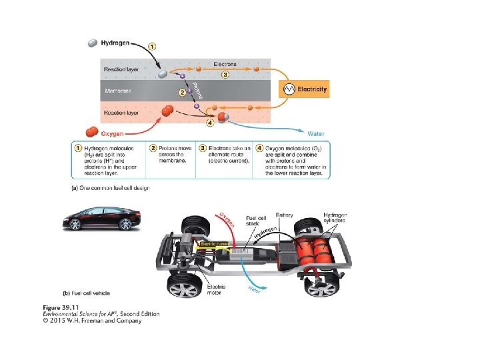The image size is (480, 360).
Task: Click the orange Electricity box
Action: [x=307, y=89]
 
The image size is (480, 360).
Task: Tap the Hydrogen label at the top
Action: [x=116, y=43]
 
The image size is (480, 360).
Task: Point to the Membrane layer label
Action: [x=121, y=91]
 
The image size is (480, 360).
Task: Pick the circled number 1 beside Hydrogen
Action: [x=153, y=47]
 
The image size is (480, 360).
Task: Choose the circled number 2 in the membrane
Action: [x=181, y=92]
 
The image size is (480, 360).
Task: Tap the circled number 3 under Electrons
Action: [x=225, y=75]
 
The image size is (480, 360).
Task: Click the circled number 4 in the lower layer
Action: [x=211, y=122]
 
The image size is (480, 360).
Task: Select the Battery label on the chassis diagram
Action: [x=285, y=215]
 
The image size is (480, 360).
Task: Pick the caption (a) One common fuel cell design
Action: [x=110, y=188]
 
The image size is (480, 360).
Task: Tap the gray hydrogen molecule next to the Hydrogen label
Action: [x=93, y=43]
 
